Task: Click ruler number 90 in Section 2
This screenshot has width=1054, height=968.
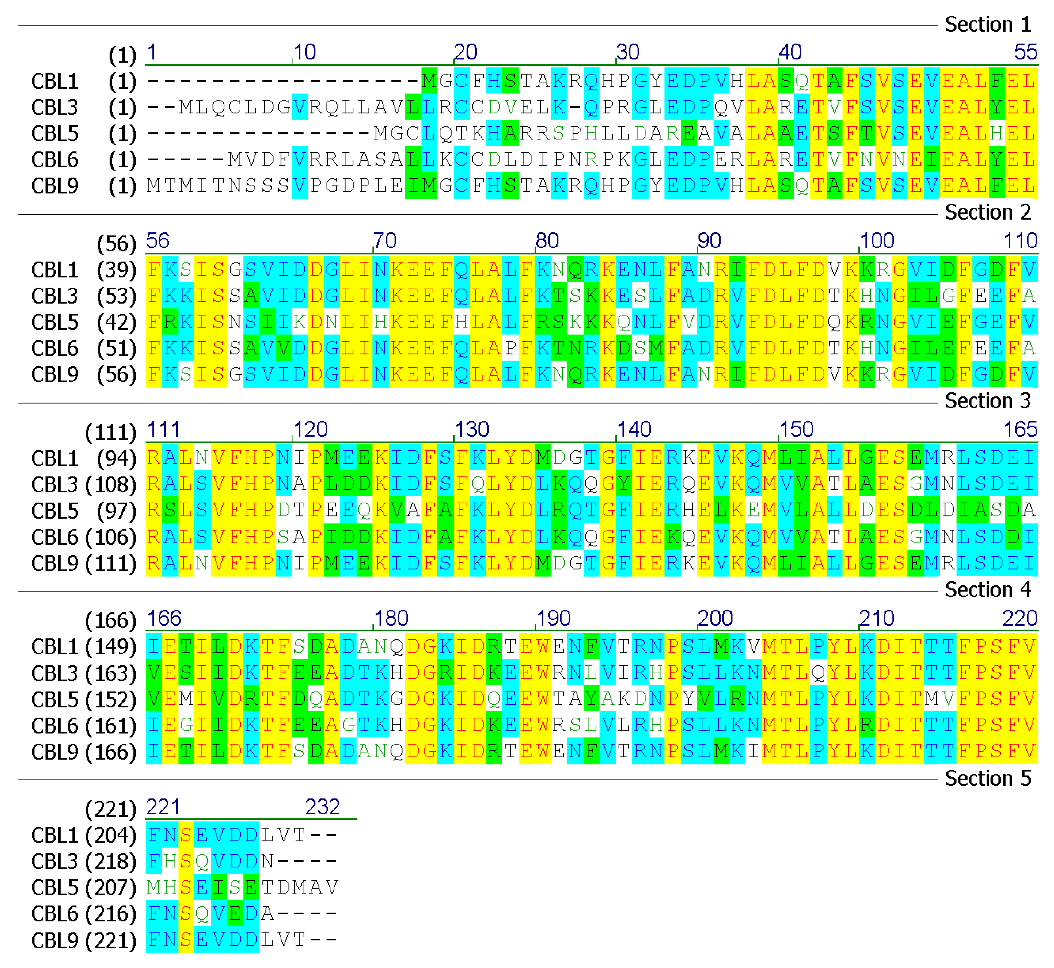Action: point(709,241)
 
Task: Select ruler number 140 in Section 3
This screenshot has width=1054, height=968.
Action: point(634,430)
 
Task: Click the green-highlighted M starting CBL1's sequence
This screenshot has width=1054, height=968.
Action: point(429,81)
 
